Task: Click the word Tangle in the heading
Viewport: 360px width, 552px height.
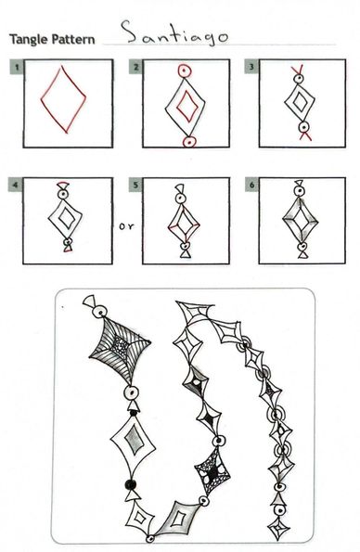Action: click(x=30, y=39)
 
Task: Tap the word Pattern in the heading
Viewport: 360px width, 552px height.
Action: click(x=73, y=39)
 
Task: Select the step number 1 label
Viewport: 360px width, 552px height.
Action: click(x=17, y=67)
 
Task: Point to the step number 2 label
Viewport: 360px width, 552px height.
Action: click(x=136, y=67)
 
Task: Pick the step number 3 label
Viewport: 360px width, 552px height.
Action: click(x=251, y=67)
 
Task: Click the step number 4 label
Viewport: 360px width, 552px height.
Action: click(x=16, y=186)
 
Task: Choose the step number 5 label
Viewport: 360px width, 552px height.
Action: click(x=135, y=186)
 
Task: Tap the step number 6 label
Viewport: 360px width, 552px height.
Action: click(x=251, y=186)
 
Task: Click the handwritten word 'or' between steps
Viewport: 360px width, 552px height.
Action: click(x=126, y=226)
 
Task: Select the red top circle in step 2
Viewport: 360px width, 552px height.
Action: click(x=185, y=71)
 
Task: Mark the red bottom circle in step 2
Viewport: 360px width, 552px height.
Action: click(x=189, y=142)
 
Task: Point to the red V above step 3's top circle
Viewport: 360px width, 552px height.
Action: click(x=299, y=71)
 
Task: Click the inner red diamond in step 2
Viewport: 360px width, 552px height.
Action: click(x=177, y=105)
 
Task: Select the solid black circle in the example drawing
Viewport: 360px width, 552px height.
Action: click(x=131, y=484)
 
